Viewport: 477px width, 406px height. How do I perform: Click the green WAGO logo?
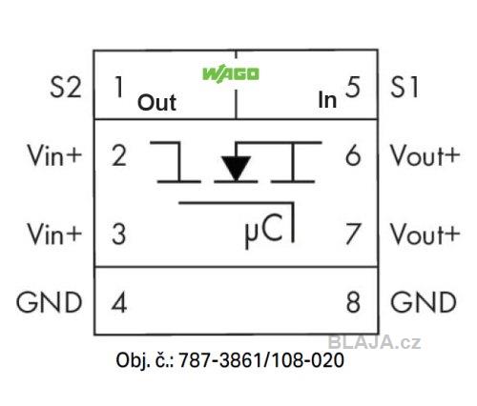pyautogui.click(x=231, y=74)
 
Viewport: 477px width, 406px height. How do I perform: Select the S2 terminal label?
pyautogui.click(x=66, y=87)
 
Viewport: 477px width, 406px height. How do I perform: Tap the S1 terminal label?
pyautogui.click(x=404, y=87)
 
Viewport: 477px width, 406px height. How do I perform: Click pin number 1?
pyautogui.click(x=119, y=87)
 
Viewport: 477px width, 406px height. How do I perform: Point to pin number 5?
pyautogui.click(x=353, y=87)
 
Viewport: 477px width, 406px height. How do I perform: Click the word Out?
pyautogui.click(x=156, y=103)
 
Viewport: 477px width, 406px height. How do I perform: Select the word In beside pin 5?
pyautogui.click(x=327, y=100)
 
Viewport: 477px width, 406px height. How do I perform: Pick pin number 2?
pyautogui.click(x=119, y=155)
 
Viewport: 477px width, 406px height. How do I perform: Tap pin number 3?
pyautogui.click(x=119, y=233)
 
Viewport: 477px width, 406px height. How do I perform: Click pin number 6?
pyautogui.click(x=353, y=155)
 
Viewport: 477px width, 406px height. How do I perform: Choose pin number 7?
pyautogui.click(x=353, y=233)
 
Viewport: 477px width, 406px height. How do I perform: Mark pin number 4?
pyautogui.click(x=119, y=302)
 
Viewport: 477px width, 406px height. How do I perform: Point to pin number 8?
pyautogui.click(x=353, y=302)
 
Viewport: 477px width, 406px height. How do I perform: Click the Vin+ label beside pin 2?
pyautogui.click(x=54, y=155)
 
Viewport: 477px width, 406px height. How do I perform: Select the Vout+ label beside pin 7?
pyautogui.click(x=425, y=233)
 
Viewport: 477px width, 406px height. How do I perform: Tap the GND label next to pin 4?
pyautogui.click(x=50, y=302)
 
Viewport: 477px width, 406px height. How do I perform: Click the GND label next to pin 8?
pyautogui.click(x=424, y=302)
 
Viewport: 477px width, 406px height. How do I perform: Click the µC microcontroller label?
pyautogui.click(x=263, y=231)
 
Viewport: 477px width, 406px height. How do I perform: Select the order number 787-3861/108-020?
pyautogui.click(x=261, y=360)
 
